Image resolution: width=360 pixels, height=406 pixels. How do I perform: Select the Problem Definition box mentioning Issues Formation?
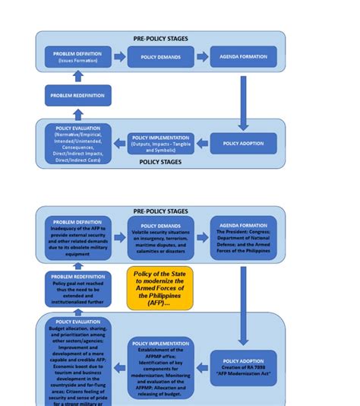[77, 57]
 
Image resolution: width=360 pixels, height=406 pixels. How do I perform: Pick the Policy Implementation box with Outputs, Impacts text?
[161, 144]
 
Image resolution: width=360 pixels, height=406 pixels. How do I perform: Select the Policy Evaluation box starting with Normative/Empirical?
[77, 144]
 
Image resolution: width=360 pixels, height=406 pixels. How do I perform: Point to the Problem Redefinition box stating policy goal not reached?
[77, 289]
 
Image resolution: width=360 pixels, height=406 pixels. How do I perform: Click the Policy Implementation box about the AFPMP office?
[159, 369]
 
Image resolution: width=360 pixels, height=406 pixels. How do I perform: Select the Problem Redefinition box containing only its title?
[77, 96]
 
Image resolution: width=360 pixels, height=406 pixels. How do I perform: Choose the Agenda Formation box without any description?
[243, 57]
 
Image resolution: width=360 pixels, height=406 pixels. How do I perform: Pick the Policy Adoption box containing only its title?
[243, 144]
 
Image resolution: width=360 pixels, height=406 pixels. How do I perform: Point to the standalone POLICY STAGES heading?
[161, 162]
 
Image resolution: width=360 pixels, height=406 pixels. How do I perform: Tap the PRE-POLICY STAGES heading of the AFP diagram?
[161, 211]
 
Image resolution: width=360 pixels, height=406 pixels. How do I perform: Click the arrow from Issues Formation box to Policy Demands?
[119, 57]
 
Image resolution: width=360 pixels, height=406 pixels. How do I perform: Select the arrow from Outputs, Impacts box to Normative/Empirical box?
[119, 144]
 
